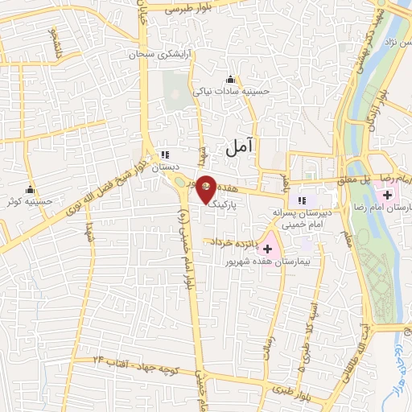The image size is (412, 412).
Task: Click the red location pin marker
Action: (206, 187)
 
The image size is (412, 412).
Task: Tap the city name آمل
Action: (239, 146)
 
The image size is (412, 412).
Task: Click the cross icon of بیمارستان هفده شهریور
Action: (267, 249)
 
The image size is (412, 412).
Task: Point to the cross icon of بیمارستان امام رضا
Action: (389, 194)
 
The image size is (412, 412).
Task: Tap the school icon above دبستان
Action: (165, 154)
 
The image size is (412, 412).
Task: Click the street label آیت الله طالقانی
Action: (365, 338)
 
